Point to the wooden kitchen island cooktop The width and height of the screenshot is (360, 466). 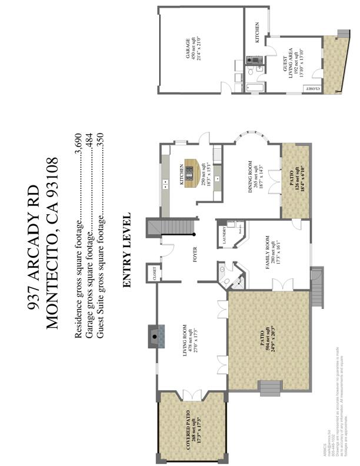(191, 171)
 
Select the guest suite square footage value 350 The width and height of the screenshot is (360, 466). (99, 141)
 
